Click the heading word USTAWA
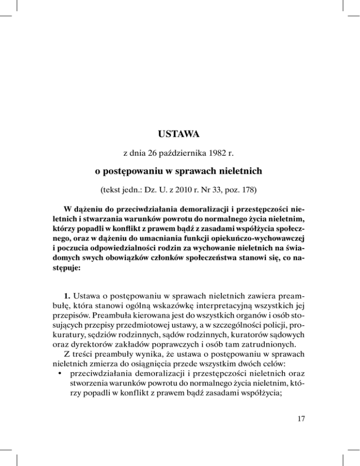(180, 135)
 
